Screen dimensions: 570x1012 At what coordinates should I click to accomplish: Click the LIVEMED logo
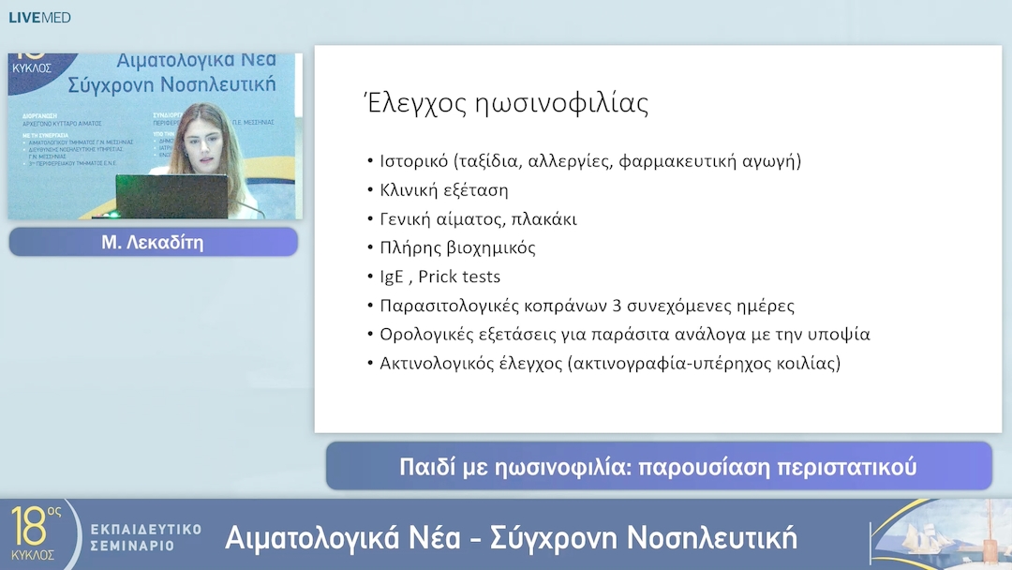39,17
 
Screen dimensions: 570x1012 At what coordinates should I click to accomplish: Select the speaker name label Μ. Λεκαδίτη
153,243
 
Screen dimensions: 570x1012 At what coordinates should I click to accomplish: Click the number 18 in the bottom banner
29,528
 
